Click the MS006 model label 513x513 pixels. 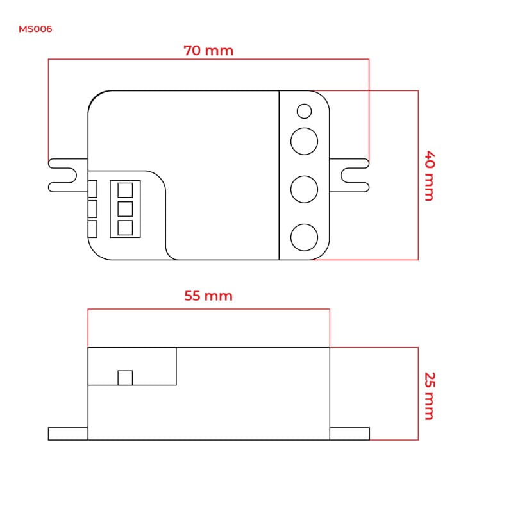pyautogui.click(x=35, y=29)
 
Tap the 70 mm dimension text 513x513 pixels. pyautogui.click(x=208, y=50)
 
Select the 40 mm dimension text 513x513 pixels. pyautogui.click(x=428, y=176)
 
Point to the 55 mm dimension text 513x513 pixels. pyautogui.click(x=208, y=296)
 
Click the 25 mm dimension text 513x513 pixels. pyautogui.click(x=428, y=396)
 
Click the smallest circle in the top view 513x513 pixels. pyautogui.click(x=304, y=112)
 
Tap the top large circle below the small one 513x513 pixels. pyautogui.click(x=304, y=141)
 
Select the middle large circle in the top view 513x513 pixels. pyautogui.click(x=304, y=189)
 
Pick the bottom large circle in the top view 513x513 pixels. pyautogui.click(x=304, y=237)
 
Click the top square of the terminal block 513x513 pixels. pyautogui.click(x=125, y=190)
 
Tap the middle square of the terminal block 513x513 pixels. pyautogui.click(x=125, y=208)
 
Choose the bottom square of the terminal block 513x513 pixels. pyautogui.click(x=125, y=227)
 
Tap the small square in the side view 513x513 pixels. pyautogui.click(x=125, y=378)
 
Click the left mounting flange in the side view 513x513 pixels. pyautogui.click(x=68, y=433)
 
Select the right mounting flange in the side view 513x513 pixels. pyautogui.click(x=349, y=433)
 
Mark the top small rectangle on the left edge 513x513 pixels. pyautogui.click(x=92, y=189)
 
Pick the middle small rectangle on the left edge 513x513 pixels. pyautogui.click(x=92, y=208)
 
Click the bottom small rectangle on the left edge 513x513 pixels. pyautogui.click(x=92, y=229)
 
